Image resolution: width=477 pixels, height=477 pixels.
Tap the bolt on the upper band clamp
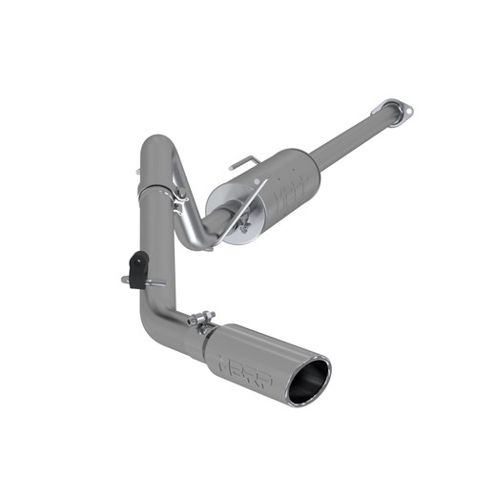[x=178, y=201]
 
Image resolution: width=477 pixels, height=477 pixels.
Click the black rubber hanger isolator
[x=139, y=268]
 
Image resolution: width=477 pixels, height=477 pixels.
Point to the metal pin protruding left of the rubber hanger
[x=126, y=280]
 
